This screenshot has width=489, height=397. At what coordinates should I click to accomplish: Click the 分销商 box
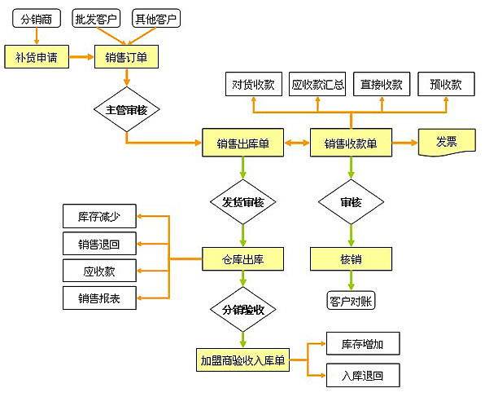tap(35, 18)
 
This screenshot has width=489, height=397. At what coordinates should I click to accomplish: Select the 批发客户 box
tap(95, 18)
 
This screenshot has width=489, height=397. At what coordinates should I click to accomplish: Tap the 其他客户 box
tap(155, 18)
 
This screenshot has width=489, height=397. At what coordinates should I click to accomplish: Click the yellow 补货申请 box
tap(36, 57)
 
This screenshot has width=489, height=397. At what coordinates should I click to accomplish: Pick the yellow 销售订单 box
tap(126, 57)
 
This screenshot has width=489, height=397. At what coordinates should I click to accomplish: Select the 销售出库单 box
tap(243, 144)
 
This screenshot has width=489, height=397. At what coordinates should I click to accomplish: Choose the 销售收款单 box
tap(351, 144)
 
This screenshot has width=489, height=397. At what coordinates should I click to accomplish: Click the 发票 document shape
tap(447, 142)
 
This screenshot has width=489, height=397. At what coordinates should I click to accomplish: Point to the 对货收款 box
tap(253, 84)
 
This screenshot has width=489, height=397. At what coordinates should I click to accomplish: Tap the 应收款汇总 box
tap(318, 84)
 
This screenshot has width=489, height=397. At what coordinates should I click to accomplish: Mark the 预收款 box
tap(446, 84)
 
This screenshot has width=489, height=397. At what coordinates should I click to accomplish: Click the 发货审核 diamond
tap(243, 201)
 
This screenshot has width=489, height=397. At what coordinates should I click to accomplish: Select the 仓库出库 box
tap(243, 259)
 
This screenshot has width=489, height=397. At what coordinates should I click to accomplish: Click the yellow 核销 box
tap(351, 259)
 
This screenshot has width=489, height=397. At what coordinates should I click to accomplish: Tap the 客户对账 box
tap(351, 299)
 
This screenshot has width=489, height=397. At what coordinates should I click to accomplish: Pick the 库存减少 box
tap(99, 217)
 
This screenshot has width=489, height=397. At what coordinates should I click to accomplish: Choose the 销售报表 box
tap(99, 298)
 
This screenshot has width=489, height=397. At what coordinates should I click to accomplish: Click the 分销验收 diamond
tap(243, 310)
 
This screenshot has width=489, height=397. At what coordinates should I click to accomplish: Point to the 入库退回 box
tap(363, 376)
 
